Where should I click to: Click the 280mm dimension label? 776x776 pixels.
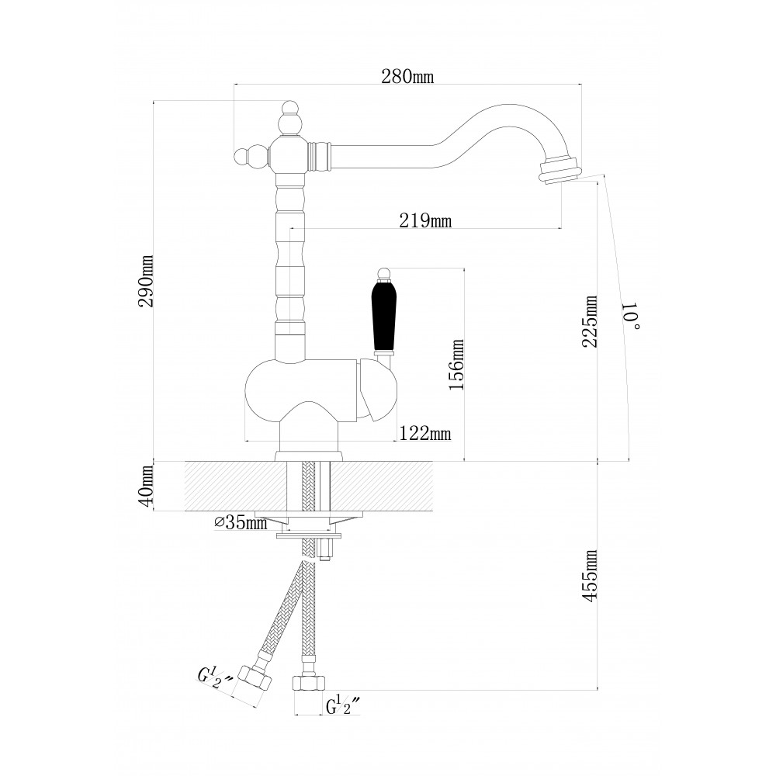click(x=407, y=76)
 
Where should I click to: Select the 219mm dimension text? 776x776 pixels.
click(x=425, y=220)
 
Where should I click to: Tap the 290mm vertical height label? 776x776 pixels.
click(x=147, y=281)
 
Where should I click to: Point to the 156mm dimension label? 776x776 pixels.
click(x=456, y=365)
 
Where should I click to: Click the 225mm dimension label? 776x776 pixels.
click(x=590, y=322)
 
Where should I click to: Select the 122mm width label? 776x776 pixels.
click(x=425, y=434)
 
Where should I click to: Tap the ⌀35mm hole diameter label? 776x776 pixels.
click(x=241, y=522)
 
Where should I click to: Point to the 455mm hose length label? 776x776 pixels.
click(x=590, y=576)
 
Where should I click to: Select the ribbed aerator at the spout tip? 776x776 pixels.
click(x=560, y=170)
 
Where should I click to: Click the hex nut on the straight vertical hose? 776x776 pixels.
click(x=310, y=684)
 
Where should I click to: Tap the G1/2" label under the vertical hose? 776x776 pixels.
click(x=342, y=705)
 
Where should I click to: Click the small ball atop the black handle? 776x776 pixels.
click(x=384, y=273)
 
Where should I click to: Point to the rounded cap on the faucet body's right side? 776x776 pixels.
click(x=377, y=391)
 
